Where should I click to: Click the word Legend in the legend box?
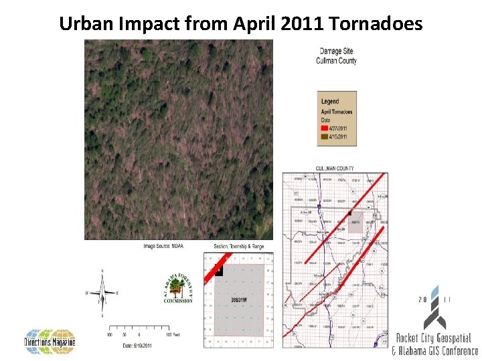click(330, 102)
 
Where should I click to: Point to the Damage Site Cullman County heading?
click(336, 56)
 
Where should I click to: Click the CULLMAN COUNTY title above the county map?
click(335, 168)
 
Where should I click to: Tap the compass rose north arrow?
click(102, 292)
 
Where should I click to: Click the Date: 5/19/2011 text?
click(139, 345)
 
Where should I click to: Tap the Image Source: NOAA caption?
click(163, 246)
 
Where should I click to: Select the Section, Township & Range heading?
click(239, 246)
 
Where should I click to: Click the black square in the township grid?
click(218, 272)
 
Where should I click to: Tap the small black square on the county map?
click(349, 213)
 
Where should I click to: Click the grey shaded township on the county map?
click(355, 223)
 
